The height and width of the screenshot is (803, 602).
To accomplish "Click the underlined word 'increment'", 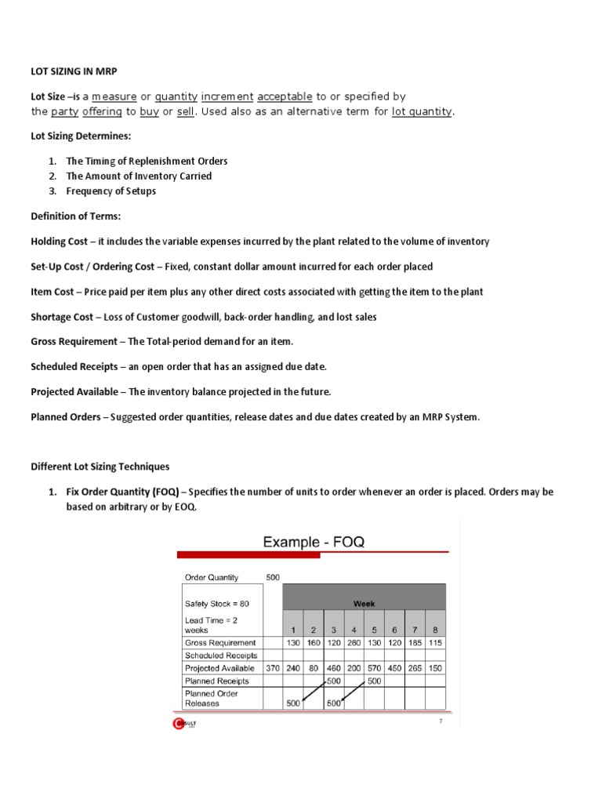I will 227,96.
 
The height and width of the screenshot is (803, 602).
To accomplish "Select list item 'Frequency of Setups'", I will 111,191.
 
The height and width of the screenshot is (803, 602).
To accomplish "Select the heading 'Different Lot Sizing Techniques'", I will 100,467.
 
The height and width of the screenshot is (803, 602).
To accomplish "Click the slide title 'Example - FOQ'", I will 314,542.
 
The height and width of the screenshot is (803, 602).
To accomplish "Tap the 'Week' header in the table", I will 364,603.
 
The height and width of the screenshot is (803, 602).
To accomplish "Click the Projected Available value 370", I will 272,669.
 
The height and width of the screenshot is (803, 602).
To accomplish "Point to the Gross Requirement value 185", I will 415,643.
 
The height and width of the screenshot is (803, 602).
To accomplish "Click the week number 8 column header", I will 435,630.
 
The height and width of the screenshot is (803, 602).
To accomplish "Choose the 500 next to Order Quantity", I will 273,577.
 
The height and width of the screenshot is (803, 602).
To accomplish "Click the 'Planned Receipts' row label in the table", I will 216,681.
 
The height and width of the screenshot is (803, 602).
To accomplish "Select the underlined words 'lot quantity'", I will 422,111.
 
